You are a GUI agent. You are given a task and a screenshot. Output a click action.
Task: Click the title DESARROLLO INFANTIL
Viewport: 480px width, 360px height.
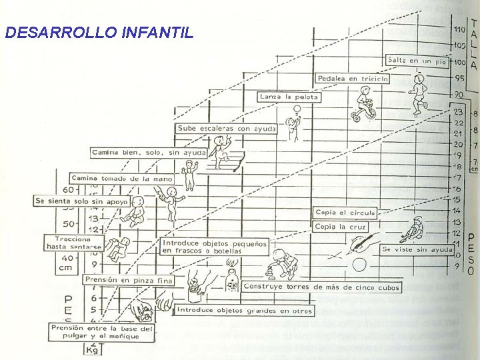(99, 33)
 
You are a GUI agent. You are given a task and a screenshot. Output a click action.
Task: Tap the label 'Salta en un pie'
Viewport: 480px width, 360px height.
(417, 60)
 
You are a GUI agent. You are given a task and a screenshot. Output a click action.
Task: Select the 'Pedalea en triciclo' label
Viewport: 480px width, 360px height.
(353, 79)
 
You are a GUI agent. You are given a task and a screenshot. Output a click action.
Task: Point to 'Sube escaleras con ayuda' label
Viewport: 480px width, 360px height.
(226, 128)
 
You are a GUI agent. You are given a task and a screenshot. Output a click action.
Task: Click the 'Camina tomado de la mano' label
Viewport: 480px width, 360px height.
(121, 179)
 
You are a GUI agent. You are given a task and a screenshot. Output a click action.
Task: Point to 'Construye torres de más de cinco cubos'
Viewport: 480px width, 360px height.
(322, 287)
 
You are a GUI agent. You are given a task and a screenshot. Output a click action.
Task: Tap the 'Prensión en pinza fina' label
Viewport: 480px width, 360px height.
(128, 281)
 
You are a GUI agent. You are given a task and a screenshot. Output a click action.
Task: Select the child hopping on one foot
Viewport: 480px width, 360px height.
(418, 95)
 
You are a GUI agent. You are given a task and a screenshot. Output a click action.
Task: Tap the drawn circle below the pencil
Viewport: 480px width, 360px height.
(360, 265)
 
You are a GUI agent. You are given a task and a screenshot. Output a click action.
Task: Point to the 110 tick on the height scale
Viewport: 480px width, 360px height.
(460, 30)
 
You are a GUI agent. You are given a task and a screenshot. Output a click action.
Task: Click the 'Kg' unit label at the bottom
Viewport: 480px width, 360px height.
(91, 349)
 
